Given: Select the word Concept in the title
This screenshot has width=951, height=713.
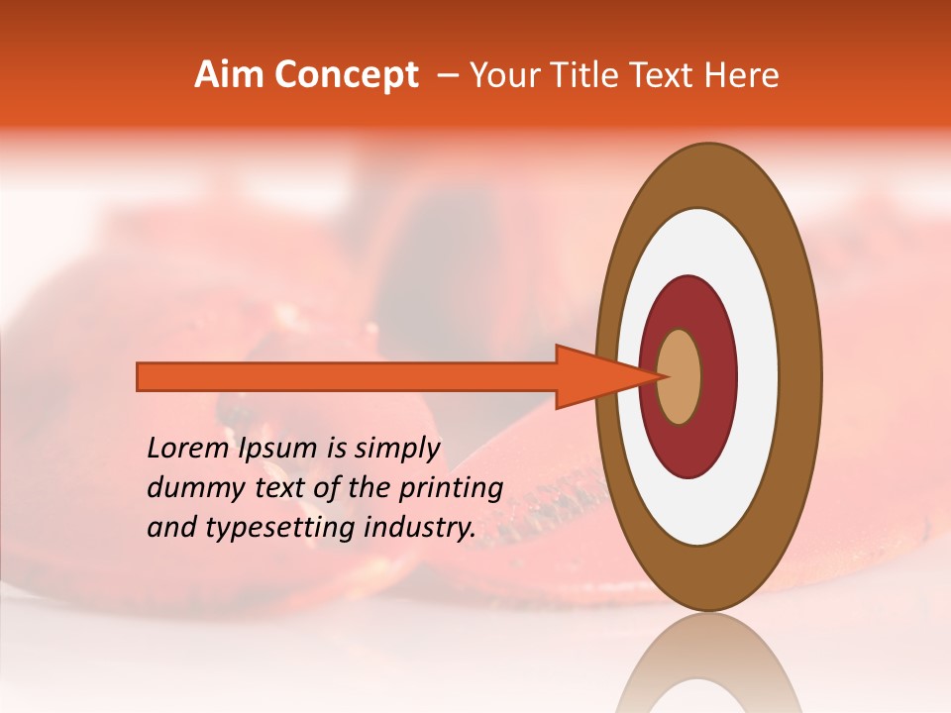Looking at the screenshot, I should click(347, 75).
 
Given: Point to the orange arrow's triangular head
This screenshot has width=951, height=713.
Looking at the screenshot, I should click(594, 376).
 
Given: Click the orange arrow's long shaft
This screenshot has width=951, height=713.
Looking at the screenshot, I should click(347, 376).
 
